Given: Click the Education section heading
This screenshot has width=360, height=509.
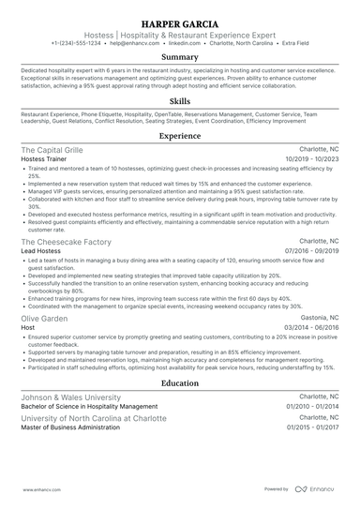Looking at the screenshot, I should [x=180, y=382].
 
